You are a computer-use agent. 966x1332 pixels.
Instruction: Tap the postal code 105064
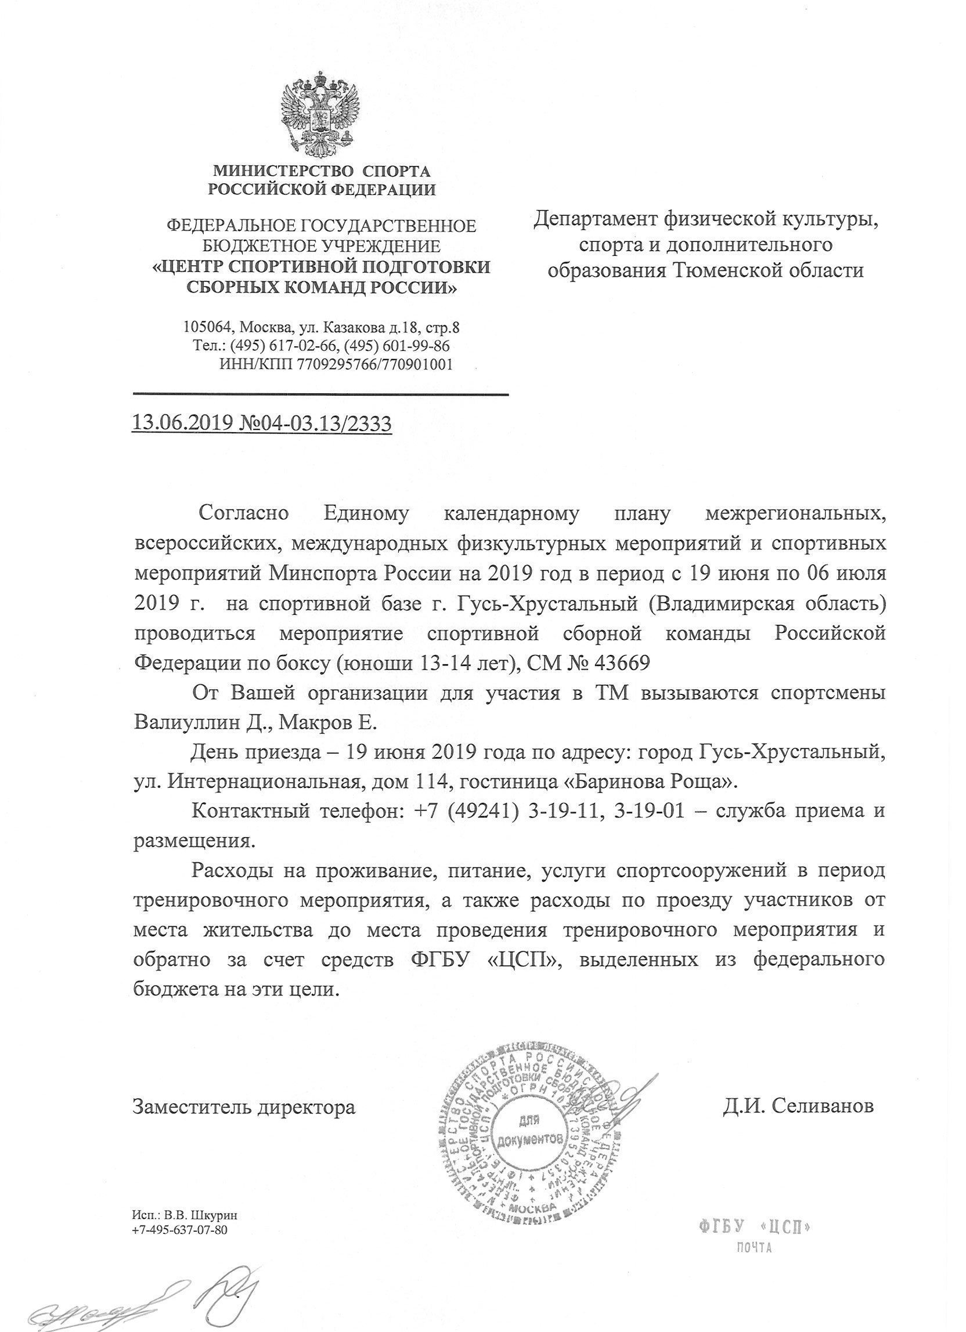tap(205, 327)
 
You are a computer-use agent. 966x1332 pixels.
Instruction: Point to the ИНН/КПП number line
tap(336, 365)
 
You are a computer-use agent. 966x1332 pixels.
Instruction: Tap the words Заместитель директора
tap(244, 1106)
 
